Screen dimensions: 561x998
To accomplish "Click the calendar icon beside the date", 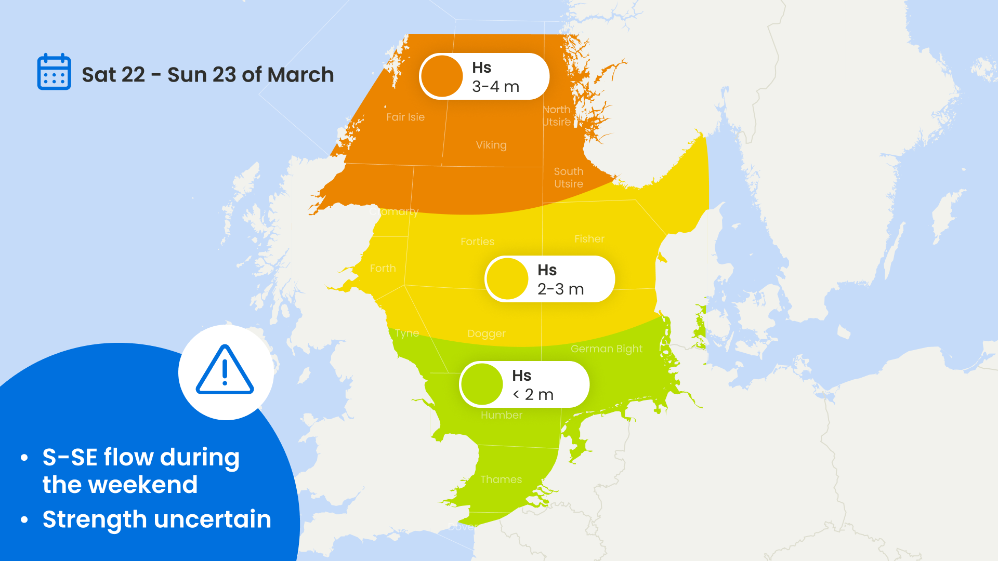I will pyautogui.click(x=54, y=72).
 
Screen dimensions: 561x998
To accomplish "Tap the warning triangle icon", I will pyautogui.click(x=225, y=370).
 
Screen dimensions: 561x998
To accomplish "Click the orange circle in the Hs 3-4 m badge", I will pyautogui.click(x=442, y=76).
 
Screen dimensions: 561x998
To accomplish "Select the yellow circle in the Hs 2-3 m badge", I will pyautogui.click(x=507, y=279).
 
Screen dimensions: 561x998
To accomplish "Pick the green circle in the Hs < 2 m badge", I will pyautogui.click(x=482, y=384).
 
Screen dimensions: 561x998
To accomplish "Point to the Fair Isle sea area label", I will pyautogui.click(x=405, y=117).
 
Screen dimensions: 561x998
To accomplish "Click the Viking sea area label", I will pyautogui.click(x=491, y=145).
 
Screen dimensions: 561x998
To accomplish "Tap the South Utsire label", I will pyautogui.click(x=569, y=178).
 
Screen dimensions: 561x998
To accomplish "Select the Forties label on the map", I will pyautogui.click(x=477, y=242).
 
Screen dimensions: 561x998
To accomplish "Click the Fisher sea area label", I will pyautogui.click(x=589, y=239).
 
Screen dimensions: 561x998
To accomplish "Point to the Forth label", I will pyautogui.click(x=383, y=269).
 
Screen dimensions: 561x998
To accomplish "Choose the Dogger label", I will pyautogui.click(x=487, y=333).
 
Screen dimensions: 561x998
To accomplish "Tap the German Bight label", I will pyautogui.click(x=607, y=349).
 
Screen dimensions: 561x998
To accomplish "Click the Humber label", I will pyautogui.click(x=502, y=415).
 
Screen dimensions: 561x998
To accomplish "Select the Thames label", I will pyautogui.click(x=501, y=479).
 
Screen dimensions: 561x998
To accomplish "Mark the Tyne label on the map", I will pyautogui.click(x=407, y=333).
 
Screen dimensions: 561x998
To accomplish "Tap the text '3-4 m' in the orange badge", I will pyautogui.click(x=495, y=87).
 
